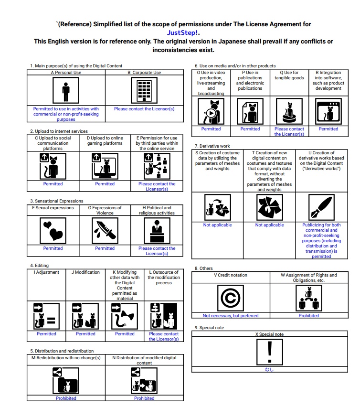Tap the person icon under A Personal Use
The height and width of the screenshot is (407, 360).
66,91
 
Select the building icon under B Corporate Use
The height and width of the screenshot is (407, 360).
144,91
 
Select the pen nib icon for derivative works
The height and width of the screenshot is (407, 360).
321,207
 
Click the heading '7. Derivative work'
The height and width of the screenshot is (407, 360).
212,145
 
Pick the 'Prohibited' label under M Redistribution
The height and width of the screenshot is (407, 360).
66,398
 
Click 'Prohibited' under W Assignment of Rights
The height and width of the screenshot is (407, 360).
309,316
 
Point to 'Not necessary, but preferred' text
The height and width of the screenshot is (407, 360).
230,316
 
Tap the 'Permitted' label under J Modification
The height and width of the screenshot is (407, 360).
85,334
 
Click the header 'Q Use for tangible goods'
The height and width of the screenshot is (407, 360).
289,75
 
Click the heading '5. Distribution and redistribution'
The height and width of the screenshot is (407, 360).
62,351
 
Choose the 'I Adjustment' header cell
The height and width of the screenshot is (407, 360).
47,272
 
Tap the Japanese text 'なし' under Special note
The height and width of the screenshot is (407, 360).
270,369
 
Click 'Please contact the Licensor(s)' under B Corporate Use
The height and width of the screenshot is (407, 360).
144,109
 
